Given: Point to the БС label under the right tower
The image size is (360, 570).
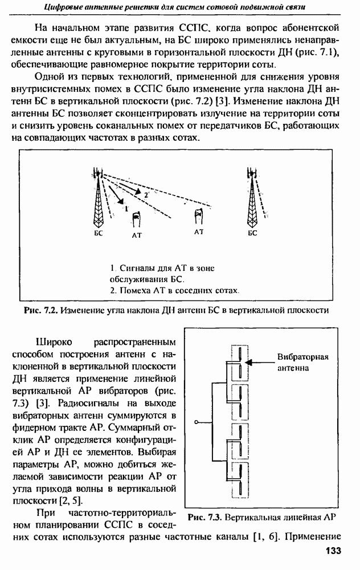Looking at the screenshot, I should [253, 233].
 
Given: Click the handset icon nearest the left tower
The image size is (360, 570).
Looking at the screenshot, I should [136, 219].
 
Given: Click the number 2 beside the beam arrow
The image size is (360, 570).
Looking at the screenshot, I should [146, 195].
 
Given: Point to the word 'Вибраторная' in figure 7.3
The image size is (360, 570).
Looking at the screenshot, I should [303, 357].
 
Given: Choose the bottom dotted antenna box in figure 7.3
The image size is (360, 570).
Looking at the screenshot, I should [239, 479].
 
